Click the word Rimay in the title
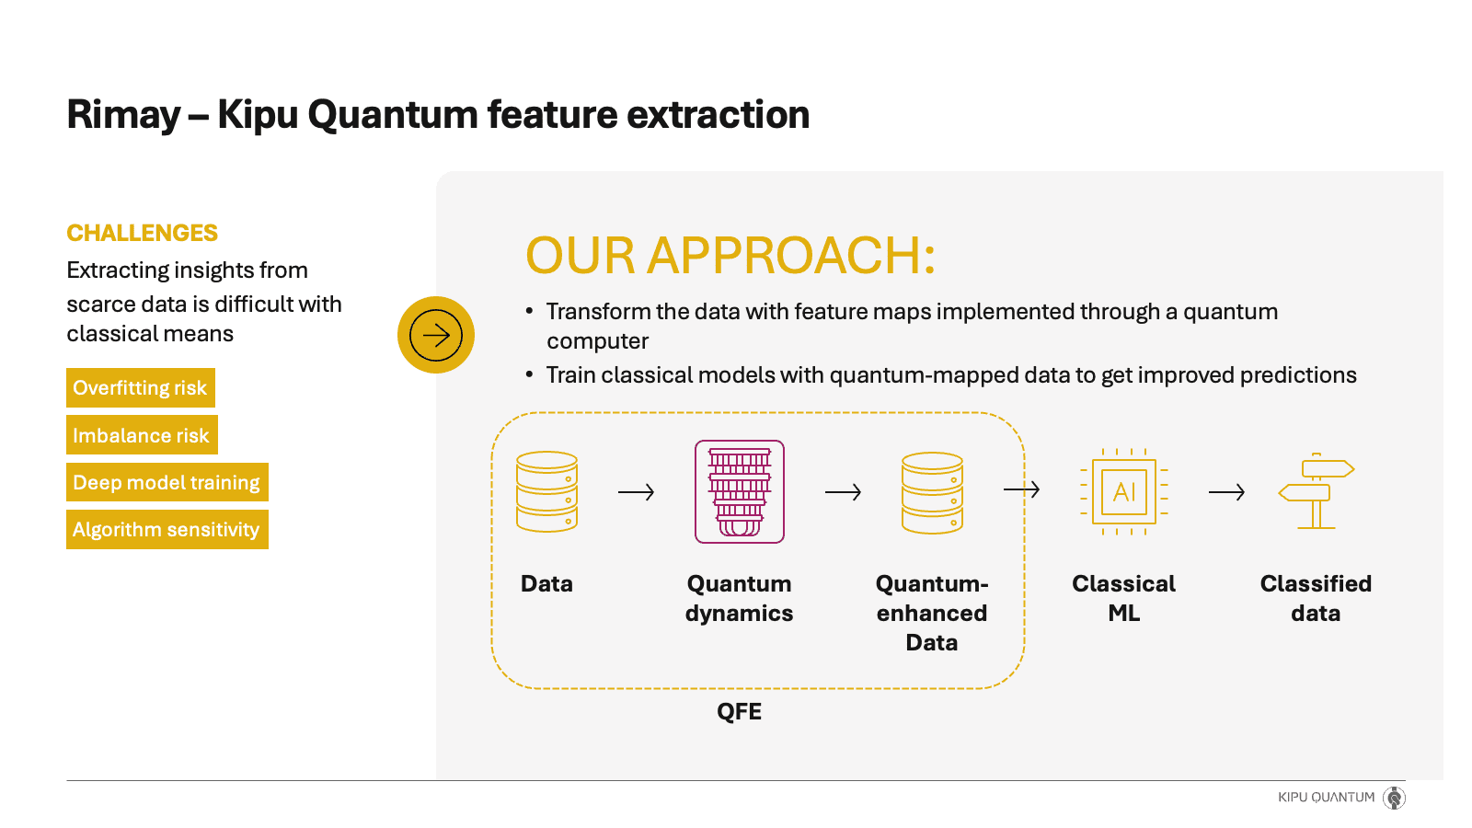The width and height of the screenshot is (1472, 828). (x=123, y=115)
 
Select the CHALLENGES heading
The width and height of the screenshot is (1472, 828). (x=142, y=233)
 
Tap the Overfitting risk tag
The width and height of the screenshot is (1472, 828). (x=140, y=388)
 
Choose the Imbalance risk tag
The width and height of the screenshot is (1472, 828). (x=141, y=435)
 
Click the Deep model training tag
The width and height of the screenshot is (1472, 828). (x=167, y=482)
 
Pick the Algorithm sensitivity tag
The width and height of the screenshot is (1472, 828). (x=167, y=530)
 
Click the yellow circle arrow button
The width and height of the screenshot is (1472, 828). (x=436, y=335)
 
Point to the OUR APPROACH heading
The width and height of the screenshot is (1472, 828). (x=730, y=255)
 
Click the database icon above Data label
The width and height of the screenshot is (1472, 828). (x=547, y=491)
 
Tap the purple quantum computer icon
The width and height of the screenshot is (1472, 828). (x=740, y=491)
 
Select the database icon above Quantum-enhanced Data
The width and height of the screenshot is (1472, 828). (x=932, y=492)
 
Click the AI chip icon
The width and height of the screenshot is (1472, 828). (x=1123, y=492)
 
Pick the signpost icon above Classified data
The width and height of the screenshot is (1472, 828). (x=1317, y=492)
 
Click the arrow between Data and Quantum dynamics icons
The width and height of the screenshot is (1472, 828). (x=636, y=492)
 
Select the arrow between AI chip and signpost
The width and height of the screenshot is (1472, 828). (x=1226, y=492)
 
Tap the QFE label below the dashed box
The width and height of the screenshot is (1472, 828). (x=739, y=711)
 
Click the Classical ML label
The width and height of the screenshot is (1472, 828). (x=1123, y=598)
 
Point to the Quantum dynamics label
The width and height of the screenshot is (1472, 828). (x=739, y=598)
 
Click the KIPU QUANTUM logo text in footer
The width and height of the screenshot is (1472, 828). (x=1326, y=797)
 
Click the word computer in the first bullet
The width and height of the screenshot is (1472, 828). (x=597, y=341)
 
